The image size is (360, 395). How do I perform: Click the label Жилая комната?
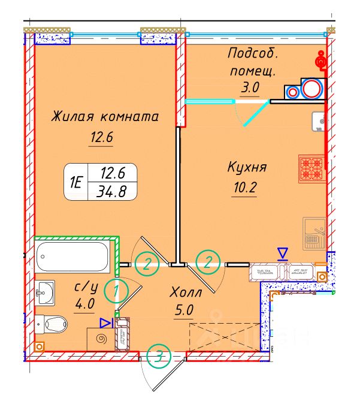pos(104,116)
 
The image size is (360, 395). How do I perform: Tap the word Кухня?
pos(246,168)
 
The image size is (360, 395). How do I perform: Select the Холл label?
pos(186,293)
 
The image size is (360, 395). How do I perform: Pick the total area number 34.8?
pos(111,192)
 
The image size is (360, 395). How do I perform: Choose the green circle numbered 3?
pos(158,356)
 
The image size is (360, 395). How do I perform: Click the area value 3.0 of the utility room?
pos(250,88)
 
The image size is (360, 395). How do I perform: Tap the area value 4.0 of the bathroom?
pos(84,303)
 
